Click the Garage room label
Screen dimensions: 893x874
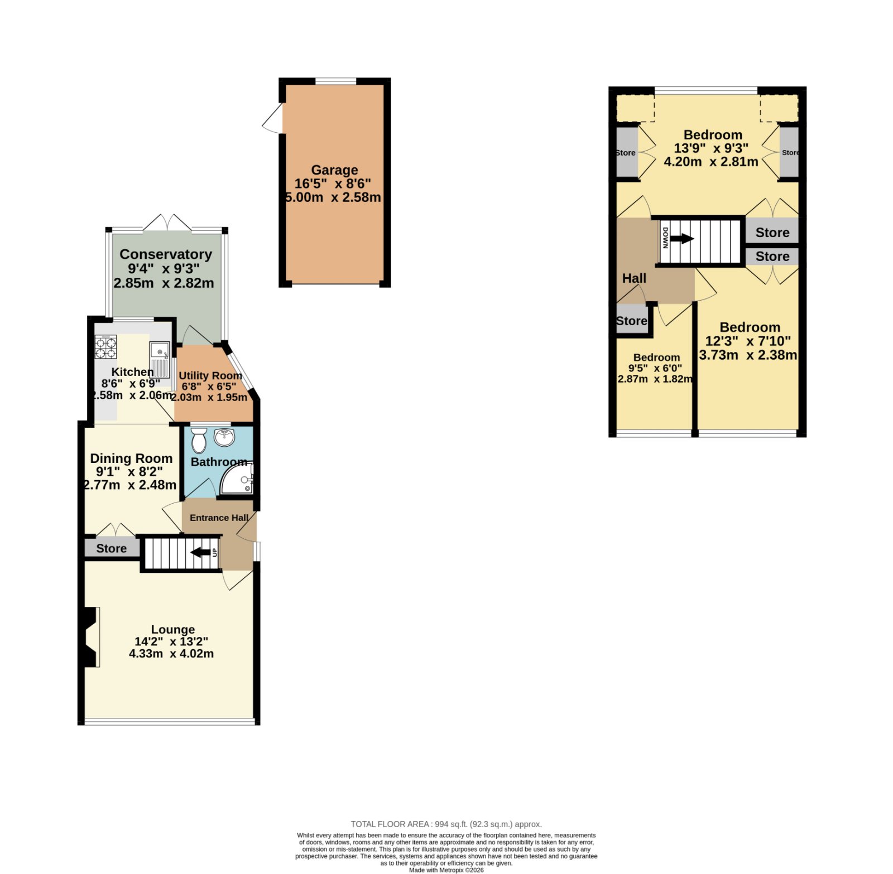click(x=334, y=170)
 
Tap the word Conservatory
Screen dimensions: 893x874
click(x=166, y=254)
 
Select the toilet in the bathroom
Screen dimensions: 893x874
click(x=199, y=440)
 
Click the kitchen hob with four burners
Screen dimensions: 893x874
click(x=106, y=347)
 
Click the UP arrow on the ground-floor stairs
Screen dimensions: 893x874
click(x=201, y=553)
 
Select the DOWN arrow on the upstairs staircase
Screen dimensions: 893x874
click(x=681, y=239)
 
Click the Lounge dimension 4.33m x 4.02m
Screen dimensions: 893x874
click(x=171, y=654)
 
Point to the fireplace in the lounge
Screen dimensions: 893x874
click(x=89, y=637)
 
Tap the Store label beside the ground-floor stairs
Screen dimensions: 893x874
click(x=112, y=548)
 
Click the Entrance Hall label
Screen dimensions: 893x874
click(x=219, y=518)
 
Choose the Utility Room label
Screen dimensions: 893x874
click(x=210, y=376)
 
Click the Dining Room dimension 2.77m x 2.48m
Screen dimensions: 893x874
click(x=131, y=485)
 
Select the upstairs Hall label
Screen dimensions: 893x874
click(x=635, y=278)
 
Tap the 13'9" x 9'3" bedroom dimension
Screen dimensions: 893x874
click(x=711, y=148)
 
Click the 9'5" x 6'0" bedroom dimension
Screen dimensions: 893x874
click(x=655, y=368)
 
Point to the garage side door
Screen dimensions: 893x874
click(x=273, y=119)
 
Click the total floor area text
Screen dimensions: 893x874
click(x=446, y=824)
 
